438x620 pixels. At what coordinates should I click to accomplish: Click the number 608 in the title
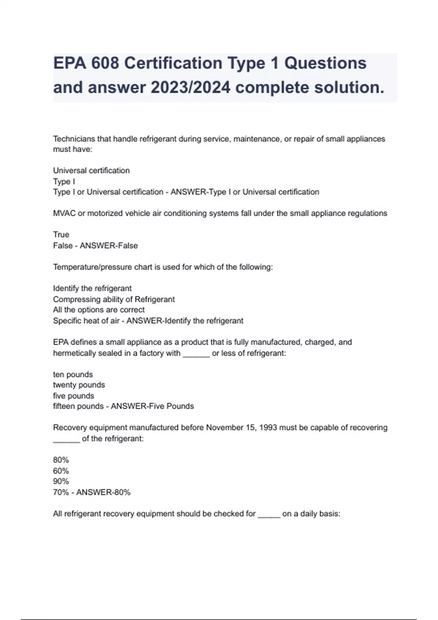[105, 63]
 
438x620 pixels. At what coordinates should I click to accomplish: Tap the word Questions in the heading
[325, 63]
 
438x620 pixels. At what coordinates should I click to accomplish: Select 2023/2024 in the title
[190, 88]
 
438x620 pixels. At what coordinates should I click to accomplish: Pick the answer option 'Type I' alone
[64, 182]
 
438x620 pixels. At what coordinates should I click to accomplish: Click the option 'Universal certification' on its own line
[91, 171]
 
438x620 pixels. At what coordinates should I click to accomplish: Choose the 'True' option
[61, 235]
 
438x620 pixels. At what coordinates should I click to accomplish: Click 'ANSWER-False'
[109, 246]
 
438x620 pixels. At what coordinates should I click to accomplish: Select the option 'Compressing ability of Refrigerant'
[114, 299]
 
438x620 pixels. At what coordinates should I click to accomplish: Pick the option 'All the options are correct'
[99, 310]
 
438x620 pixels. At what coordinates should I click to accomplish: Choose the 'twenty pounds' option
[79, 385]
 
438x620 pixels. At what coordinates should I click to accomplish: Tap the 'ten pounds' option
[73, 375]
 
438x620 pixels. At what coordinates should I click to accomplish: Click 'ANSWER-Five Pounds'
[152, 406]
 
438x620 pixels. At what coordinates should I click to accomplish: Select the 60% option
[61, 471]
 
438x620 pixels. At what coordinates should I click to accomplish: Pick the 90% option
[61, 481]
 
